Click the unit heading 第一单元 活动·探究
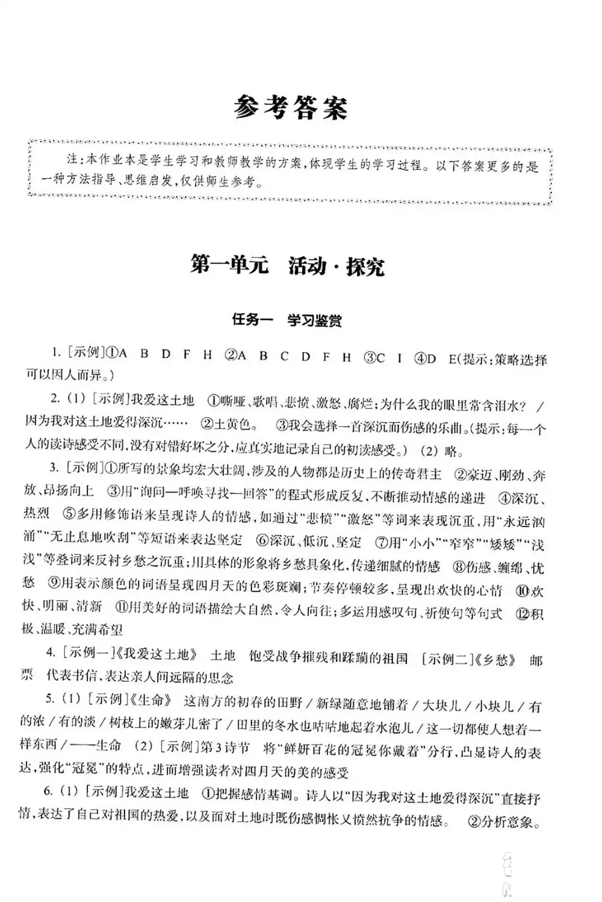[287, 265]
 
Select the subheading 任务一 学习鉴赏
[287, 320]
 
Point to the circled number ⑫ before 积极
[523, 614]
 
